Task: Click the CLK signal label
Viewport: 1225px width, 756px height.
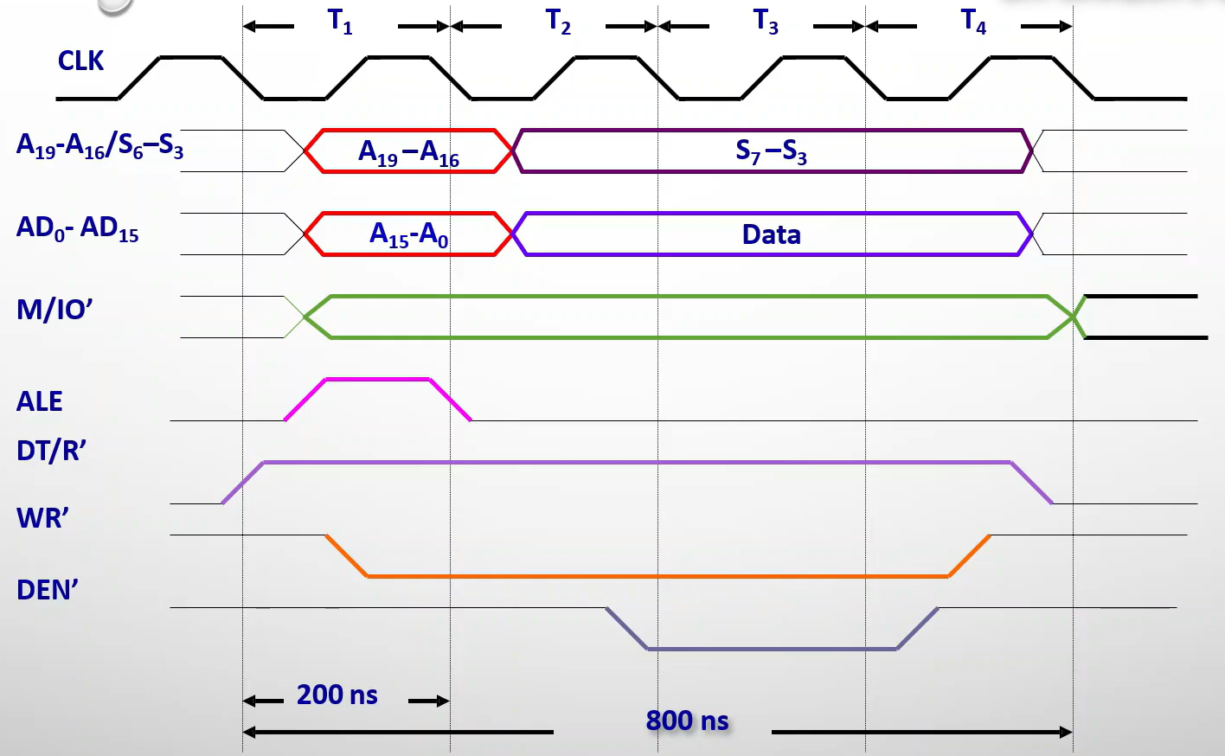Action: coord(80,61)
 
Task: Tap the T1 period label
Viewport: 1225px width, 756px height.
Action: coord(341,22)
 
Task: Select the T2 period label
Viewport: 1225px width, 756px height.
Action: coord(559,22)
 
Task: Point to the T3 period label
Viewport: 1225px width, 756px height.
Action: coord(766,22)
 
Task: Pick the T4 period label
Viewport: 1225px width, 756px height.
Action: coord(974,22)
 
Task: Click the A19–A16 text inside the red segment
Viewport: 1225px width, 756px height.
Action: coord(408,153)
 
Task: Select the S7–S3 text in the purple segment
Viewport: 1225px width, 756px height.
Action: coord(771,151)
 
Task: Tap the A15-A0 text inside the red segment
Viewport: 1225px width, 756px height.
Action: coord(408,234)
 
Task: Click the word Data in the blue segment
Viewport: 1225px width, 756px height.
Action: coord(771,234)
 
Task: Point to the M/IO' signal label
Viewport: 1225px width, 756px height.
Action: coord(55,310)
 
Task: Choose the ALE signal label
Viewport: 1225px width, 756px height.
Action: coord(40,401)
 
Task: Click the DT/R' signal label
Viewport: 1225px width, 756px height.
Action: coord(52,451)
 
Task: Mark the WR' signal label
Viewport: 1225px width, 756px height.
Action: coord(43,518)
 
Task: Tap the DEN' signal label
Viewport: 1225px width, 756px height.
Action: coord(48,590)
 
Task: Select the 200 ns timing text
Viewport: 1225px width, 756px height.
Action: coord(337,695)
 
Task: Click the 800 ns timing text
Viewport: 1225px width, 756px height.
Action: coord(687,721)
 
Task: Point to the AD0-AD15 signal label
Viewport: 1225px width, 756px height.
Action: coord(78,228)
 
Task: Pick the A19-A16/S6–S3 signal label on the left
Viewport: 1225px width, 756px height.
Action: coord(99,146)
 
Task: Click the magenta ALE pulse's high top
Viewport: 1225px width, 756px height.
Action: coord(377,379)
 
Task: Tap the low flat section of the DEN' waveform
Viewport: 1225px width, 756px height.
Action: coord(772,649)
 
